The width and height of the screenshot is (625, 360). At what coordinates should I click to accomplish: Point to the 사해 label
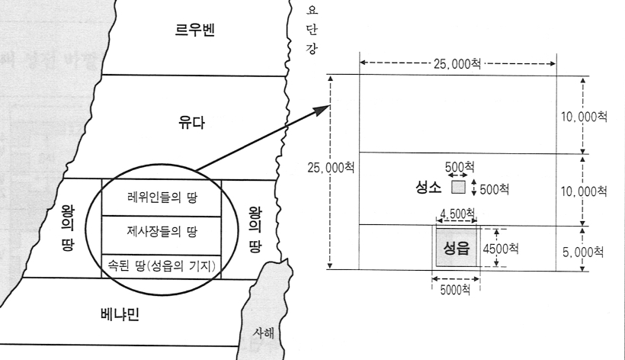pos(267,333)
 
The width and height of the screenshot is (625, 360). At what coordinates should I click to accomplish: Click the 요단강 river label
pos(310,31)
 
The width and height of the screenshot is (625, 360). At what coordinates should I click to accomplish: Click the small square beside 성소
pos(458,186)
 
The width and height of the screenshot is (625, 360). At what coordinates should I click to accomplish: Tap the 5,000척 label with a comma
pos(591,249)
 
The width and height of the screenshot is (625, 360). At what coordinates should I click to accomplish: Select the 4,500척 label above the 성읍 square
pos(458,213)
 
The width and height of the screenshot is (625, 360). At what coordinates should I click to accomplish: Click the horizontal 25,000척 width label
pos(457,65)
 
